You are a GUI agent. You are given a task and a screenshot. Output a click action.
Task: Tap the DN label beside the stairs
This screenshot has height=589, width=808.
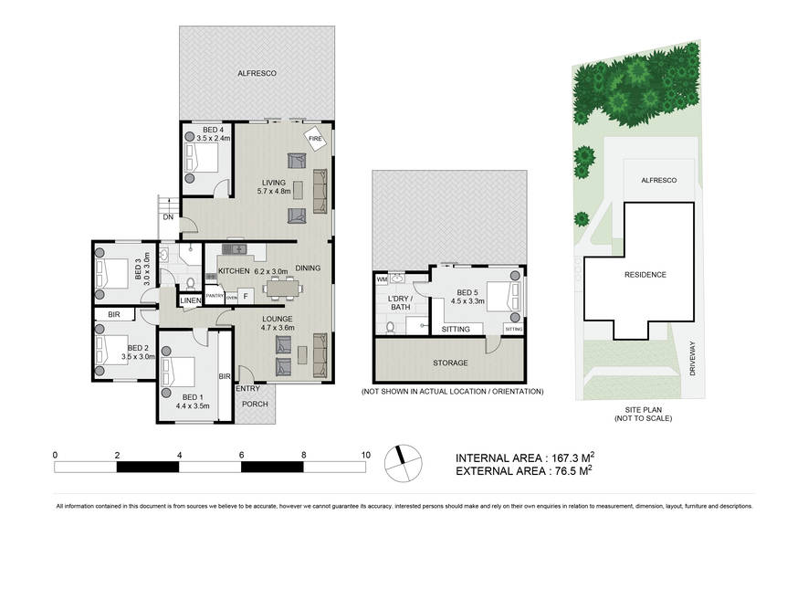[x=168, y=217]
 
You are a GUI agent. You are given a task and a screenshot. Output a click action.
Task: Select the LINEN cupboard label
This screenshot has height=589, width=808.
[x=191, y=300]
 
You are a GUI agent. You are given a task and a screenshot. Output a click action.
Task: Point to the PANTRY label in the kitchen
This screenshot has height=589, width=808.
[x=215, y=296]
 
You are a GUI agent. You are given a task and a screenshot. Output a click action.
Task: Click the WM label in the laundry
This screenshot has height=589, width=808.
[x=382, y=279]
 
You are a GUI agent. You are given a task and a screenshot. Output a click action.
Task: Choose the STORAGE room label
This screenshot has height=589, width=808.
[x=450, y=363]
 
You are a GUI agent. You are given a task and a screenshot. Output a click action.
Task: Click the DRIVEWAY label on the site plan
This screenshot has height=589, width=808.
[x=691, y=358]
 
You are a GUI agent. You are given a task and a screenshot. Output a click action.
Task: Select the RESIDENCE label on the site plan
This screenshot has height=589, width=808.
[x=645, y=275]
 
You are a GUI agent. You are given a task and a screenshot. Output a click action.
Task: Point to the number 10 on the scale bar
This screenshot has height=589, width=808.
[x=365, y=454]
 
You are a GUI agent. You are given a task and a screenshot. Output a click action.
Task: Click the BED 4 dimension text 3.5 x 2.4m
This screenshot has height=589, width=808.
[x=214, y=138]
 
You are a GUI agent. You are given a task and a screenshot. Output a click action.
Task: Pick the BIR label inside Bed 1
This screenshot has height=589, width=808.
[x=223, y=375]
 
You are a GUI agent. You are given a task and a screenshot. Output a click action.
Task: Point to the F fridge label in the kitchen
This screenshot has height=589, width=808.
[x=245, y=296]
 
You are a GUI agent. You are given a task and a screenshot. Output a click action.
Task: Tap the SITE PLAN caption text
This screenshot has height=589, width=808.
[x=643, y=410]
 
